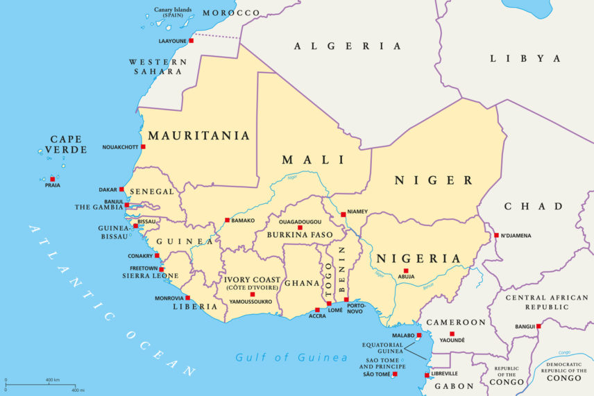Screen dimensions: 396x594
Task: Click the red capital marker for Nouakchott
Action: pyautogui.click(x=143, y=146)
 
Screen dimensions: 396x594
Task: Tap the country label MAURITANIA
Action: pyautogui.click(x=198, y=136)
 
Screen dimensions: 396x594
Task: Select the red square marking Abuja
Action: pyautogui.click(x=406, y=270)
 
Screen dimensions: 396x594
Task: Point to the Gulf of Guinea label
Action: pyautogui.click(x=291, y=358)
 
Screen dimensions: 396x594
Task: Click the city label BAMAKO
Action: pyautogui.click(x=243, y=221)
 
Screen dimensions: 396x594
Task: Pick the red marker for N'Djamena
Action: pyautogui.click(x=496, y=235)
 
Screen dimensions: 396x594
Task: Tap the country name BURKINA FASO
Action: pyautogui.click(x=297, y=235)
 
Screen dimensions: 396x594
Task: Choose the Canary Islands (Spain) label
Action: pyautogui.click(x=173, y=12)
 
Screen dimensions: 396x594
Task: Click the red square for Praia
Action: pyautogui.click(x=52, y=179)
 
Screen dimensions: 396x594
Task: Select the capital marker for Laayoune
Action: pyautogui.click(x=191, y=41)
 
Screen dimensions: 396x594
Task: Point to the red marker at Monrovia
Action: pyautogui.click(x=187, y=298)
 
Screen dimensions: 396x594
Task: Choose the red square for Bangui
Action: pyautogui.click(x=538, y=326)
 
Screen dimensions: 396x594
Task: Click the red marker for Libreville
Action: pyautogui.click(x=427, y=375)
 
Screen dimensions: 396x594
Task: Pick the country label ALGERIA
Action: pyautogui.click(x=348, y=46)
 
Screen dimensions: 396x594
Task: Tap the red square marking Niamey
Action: pyautogui.click(x=343, y=214)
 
